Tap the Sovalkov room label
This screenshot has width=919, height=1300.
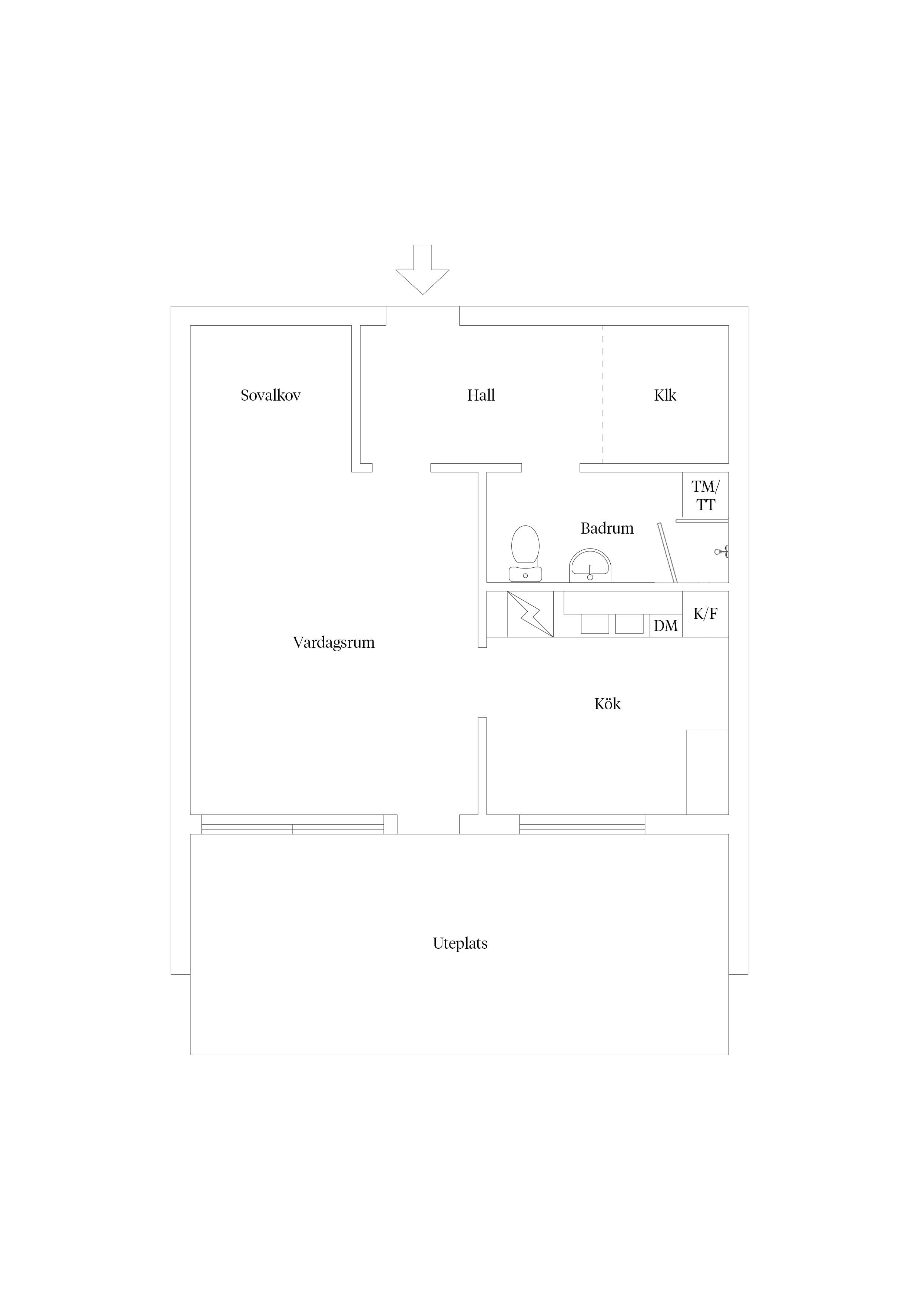pos(271,395)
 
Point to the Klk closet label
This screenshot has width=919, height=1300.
pos(665,395)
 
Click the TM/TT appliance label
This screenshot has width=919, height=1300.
pos(706,495)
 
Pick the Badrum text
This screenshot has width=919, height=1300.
pos(607,528)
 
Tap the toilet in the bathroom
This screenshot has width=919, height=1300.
pos(525,553)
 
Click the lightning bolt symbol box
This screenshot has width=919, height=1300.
pos(530,614)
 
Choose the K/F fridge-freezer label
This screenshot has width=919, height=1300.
pos(706,614)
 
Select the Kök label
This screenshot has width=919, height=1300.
pos(608,704)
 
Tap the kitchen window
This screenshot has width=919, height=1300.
pos(582,825)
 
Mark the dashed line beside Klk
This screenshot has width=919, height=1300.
pos(602,394)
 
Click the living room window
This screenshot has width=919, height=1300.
pos(293,825)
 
